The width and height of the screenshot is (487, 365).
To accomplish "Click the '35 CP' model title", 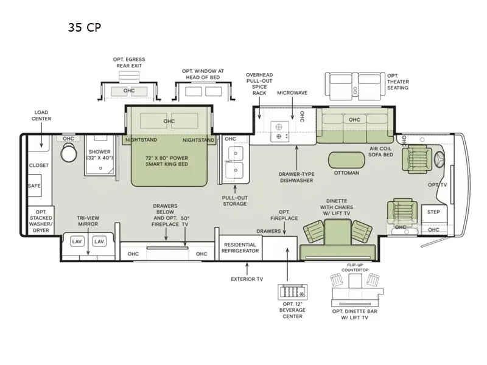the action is point(85,27).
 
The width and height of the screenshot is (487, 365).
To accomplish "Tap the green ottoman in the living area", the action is point(346,160).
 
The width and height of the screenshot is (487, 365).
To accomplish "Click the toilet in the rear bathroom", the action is point(69,153).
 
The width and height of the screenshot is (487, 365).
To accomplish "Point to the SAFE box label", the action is point(35,186).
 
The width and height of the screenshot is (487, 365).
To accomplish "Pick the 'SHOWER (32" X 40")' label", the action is point(99,155).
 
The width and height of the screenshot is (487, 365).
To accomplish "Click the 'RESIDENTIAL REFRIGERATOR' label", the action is point(240,248).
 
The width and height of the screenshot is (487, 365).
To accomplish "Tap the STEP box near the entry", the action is point(434,214).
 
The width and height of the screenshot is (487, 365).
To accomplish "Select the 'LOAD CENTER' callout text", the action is point(41,116).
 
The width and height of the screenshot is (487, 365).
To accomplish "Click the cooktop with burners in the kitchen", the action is point(280,131).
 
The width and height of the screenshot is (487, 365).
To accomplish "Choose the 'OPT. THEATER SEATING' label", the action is point(398,82).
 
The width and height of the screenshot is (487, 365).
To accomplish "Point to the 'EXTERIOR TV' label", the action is point(247,279).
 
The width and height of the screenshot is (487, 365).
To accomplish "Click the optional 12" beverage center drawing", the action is point(293,292).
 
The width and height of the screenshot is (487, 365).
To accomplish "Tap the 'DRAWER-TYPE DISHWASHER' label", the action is point(296,177).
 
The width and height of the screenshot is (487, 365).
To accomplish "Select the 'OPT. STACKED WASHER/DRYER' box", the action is point(41,221).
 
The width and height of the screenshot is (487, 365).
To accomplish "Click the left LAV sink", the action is point(77,242).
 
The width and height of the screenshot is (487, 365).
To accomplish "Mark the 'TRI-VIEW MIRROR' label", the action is point(88,221).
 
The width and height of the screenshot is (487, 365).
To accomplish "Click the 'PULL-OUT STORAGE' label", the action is point(235,201).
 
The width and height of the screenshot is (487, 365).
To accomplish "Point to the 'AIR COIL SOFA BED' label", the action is point(381,151).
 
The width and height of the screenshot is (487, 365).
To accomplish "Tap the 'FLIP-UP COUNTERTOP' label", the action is point(355,268).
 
